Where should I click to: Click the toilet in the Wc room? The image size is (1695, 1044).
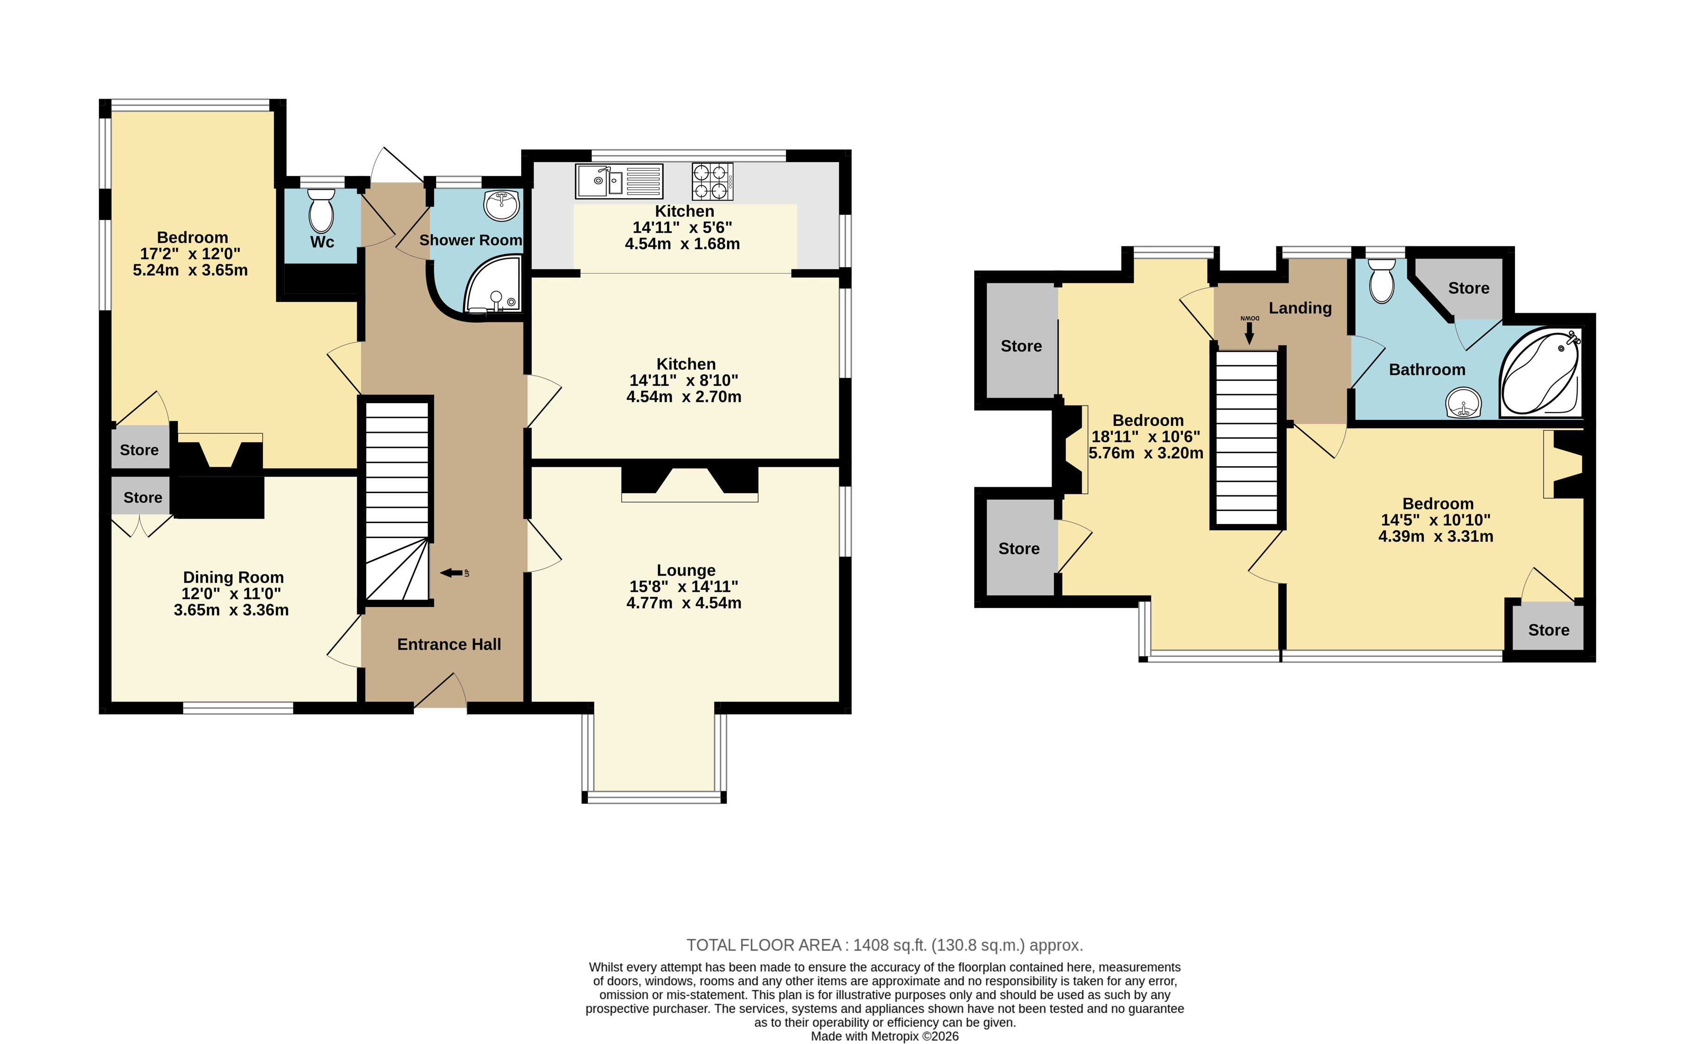pyautogui.click(x=321, y=211)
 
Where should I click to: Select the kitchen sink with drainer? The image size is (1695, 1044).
pyautogui.click(x=619, y=181)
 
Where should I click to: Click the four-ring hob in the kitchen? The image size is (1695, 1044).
pyautogui.click(x=712, y=181)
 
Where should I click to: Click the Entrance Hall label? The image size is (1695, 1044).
pyautogui.click(x=449, y=644)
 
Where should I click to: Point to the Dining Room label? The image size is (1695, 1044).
pyautogui.click(x=233, y=577)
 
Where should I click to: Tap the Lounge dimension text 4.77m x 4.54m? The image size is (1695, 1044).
pyautogui.click(x=684, y=603)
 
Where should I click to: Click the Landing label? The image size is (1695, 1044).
pyautogui.click(x=1300, y=308)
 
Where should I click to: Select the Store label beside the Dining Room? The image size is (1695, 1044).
pyautogui.click(x=143, y=497)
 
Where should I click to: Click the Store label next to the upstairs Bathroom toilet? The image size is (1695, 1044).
pyautogui.click(x=1469, y=288)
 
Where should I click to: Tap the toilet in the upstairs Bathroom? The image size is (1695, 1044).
pyautogui.click(x=1382, y=281)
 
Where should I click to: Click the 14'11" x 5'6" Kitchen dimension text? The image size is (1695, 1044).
pyautogui.click(x=683, y=227)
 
